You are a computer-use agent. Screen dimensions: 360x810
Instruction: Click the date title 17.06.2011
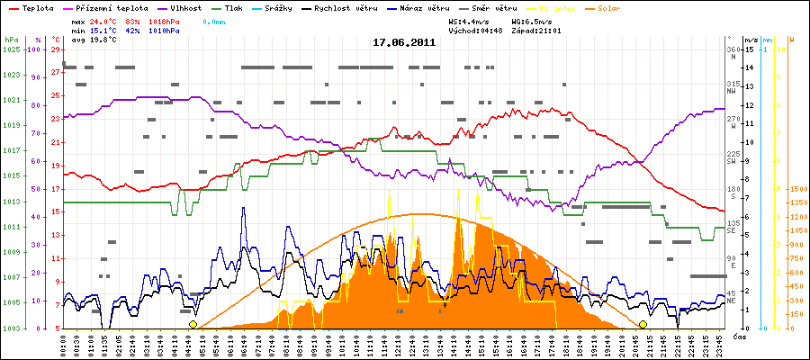404,41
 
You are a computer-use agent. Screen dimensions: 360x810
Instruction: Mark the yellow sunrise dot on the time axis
193,324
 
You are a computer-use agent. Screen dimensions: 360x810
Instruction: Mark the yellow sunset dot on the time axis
643,324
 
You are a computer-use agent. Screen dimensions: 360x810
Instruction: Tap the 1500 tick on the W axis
796,189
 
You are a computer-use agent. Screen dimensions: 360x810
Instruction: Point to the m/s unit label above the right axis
751,40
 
